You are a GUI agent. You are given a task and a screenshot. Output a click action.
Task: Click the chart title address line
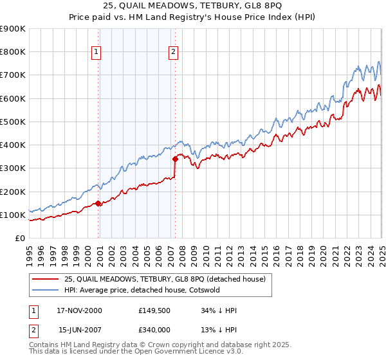(192, 7)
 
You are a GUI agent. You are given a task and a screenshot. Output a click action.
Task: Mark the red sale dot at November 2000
(98, 203)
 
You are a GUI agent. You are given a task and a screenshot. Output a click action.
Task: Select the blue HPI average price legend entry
(142, 290)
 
